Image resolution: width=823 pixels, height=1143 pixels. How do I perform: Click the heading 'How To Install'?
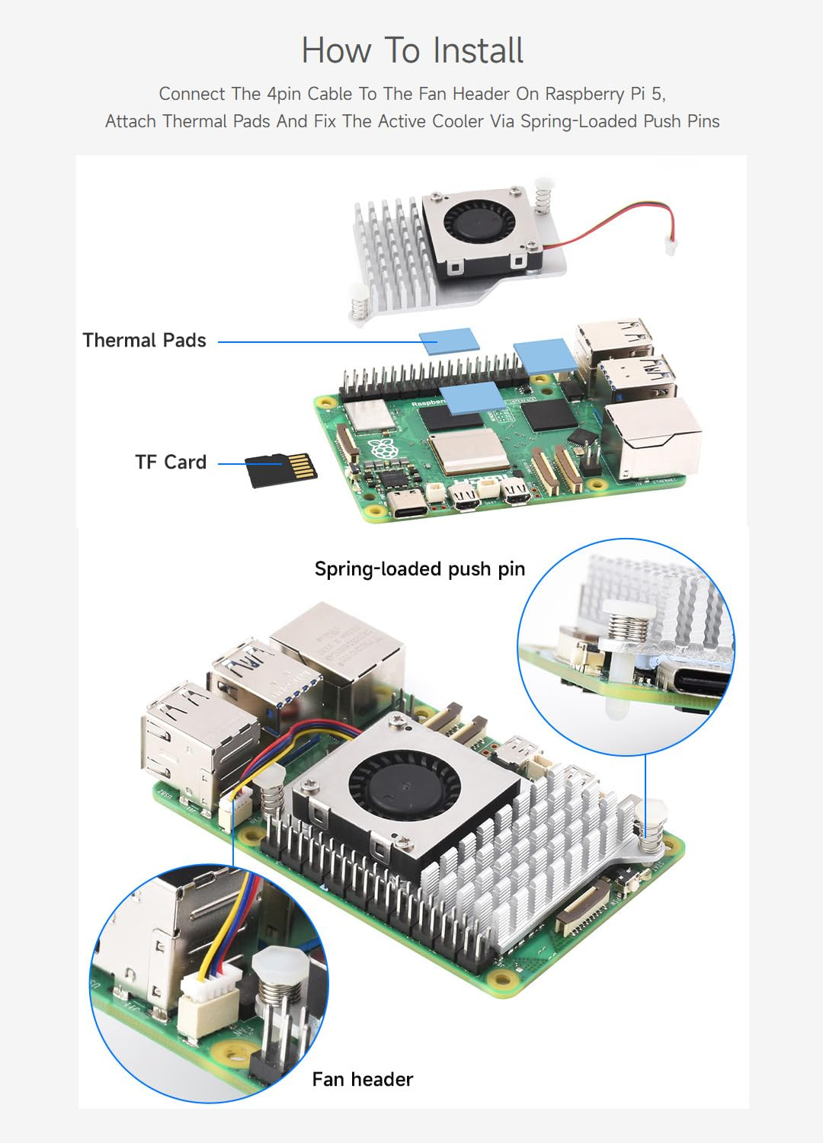412,51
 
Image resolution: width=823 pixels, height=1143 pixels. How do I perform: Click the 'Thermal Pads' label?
144,341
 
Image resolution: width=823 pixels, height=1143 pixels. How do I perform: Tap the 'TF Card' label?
171,463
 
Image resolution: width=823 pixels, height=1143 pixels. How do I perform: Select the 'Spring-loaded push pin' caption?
420,569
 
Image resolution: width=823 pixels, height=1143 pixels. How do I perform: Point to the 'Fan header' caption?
363,1080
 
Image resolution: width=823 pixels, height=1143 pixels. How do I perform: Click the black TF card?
280,469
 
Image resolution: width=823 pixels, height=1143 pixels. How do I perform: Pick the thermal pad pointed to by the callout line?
450,340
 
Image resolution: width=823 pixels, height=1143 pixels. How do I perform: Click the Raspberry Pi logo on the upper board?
384,449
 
